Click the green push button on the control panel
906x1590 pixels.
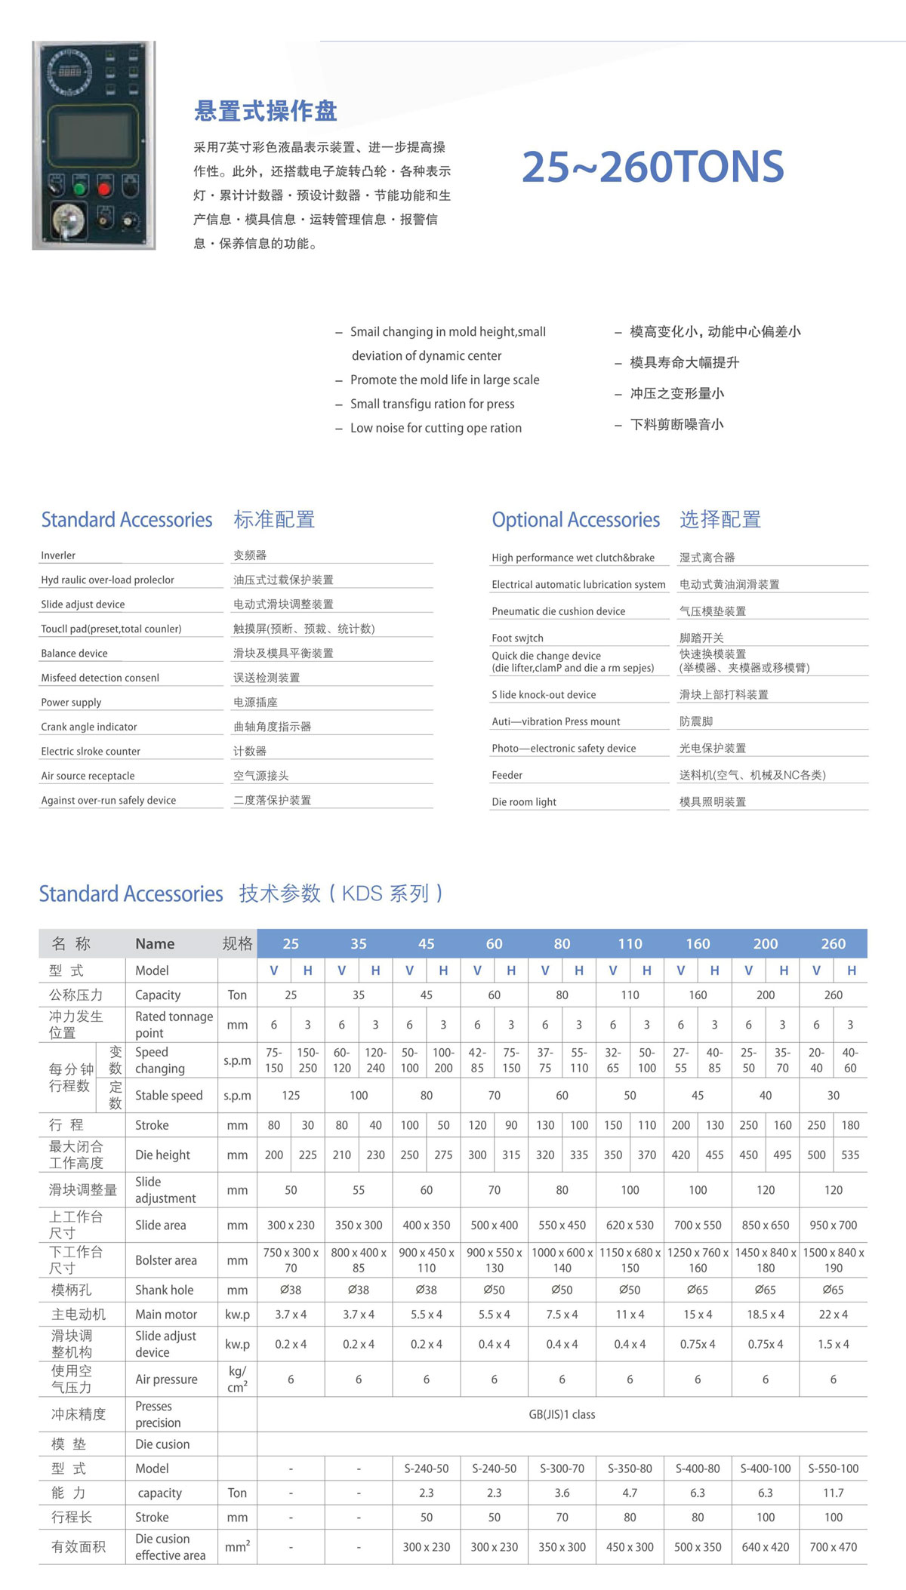pos(80,185)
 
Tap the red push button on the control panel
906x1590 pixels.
pos(105,185)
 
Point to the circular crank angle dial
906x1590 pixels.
pos(69,72)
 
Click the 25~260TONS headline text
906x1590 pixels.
pos(653,167)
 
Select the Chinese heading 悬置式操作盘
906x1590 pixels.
pos(265,111)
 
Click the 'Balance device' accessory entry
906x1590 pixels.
pos(74,654)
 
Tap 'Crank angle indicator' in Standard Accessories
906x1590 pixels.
pos(89,727)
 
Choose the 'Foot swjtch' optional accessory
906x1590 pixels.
pos(517,638)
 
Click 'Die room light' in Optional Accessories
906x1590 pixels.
pos(524,801)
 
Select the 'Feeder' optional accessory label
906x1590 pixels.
pos(507,775)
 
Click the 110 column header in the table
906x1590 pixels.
pos(630,943)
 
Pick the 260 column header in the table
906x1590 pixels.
pos(833,943)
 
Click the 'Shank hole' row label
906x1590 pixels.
pos(164,1290)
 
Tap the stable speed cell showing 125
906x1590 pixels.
pos(291,1095)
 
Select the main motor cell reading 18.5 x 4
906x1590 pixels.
pos(765,1314)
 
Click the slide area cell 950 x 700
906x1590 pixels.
pos(833,1225)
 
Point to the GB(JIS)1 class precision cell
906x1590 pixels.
pos(562,1414)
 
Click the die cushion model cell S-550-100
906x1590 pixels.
pos(833,1469)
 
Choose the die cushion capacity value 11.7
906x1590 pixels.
pos(833,1493)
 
